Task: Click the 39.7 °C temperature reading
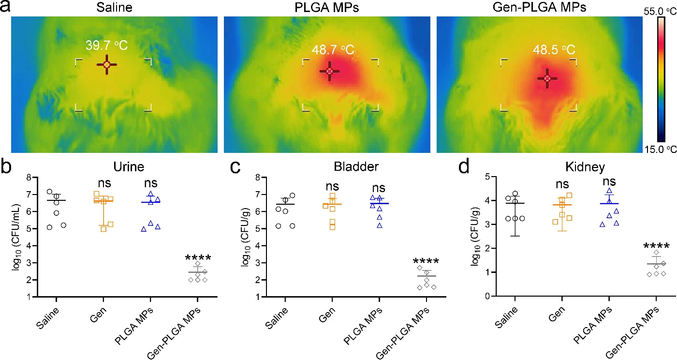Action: pos(107,45)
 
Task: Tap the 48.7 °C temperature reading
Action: pos(333,50)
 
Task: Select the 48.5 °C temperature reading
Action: pos(554,50)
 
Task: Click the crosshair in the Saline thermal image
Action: pos(107,64)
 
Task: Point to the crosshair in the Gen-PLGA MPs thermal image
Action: pos(547,79)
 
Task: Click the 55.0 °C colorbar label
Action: pos(660,12)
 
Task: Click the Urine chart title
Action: pos(129,166)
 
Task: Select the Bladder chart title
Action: pos(356,166)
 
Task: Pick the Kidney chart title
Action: pos(585,167)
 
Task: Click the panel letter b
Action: pos(6,166)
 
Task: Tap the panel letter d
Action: pos(464,166)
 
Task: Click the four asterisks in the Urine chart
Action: pos(198,258)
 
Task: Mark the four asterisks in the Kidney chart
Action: pos(656,246)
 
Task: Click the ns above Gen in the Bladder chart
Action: pos(332,187)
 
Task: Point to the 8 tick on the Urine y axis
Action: pos(29,177)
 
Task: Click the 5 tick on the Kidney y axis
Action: pos(487,176)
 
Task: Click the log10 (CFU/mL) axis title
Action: pos(16,237)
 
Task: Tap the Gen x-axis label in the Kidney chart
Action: pos(556,315)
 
